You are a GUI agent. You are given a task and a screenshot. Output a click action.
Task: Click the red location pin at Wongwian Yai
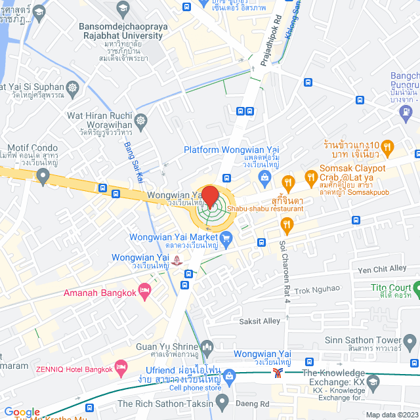point(209,196)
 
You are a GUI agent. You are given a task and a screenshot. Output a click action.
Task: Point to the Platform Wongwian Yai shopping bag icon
point(264,177)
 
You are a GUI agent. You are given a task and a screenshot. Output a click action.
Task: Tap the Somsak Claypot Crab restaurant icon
point(287,182)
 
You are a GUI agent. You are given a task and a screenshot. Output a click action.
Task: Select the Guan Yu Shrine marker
point(207,346)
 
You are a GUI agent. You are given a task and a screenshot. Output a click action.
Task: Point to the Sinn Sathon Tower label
point(363,340)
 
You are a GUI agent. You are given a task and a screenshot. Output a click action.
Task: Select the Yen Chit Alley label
point(382,269)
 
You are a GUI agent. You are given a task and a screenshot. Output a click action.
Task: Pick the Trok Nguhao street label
point(317,288)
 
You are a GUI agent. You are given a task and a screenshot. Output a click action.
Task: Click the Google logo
point(22,411)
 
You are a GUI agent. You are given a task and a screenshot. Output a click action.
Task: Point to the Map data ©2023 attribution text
point(390,415)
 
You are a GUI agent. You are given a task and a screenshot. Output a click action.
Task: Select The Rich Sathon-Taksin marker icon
point(222,401)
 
